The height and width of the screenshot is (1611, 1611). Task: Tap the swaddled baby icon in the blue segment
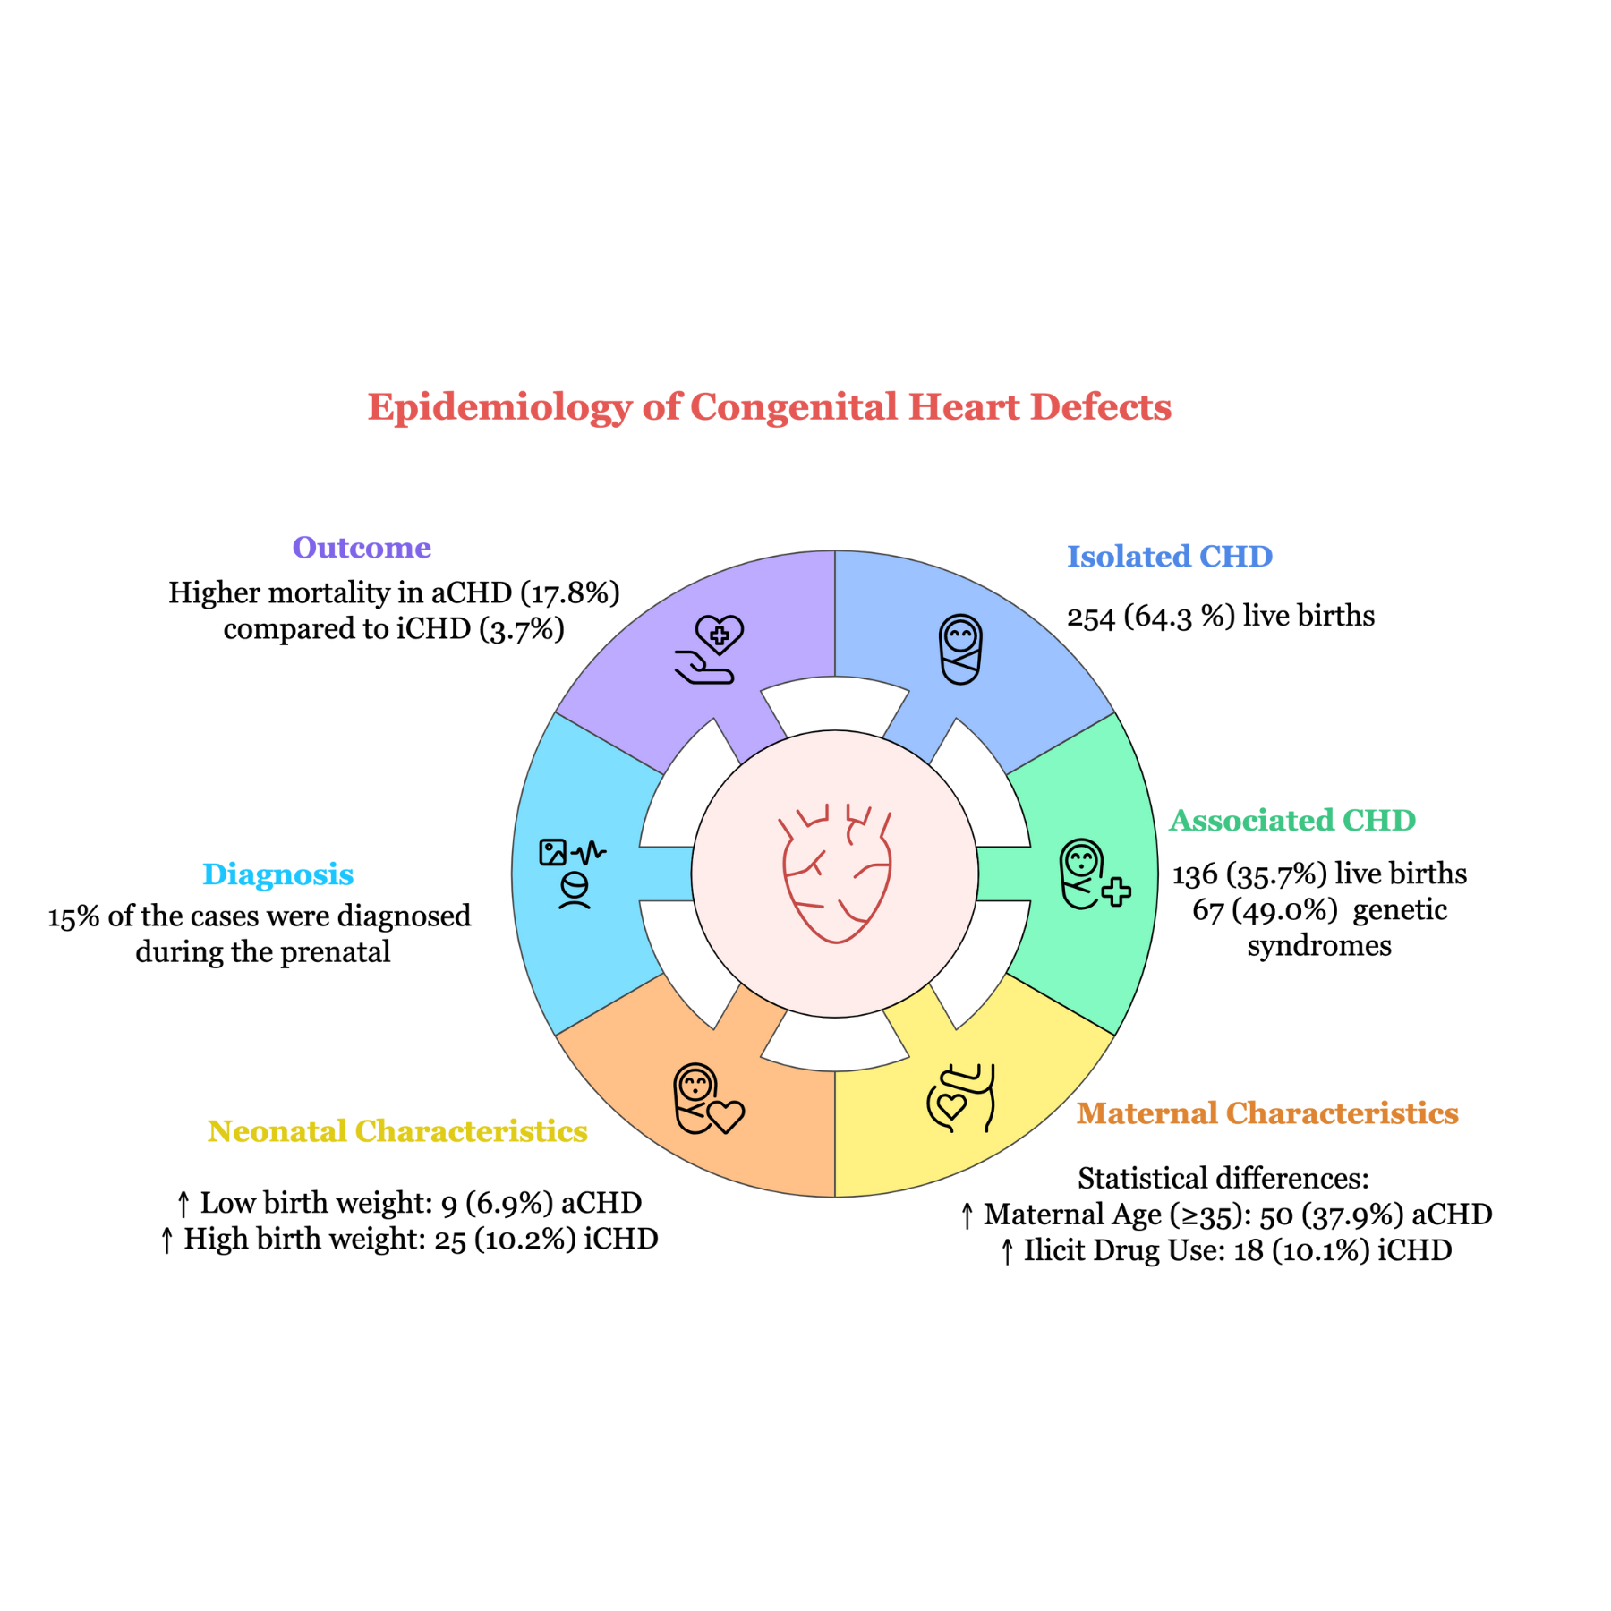[x=960, y=649]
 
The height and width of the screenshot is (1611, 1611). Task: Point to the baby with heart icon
[x=708, y=1098]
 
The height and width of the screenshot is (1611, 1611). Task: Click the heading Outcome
[x=362, y=547]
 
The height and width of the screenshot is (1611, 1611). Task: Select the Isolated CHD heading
[x=1169, y=556]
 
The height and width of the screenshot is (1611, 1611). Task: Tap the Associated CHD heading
[x=1291, y=820]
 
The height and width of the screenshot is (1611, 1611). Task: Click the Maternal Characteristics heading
[x=1266, y=1112]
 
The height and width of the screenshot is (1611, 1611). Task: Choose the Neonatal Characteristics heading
[x=397, y=1130]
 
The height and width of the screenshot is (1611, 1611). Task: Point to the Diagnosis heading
[x=277, y=874]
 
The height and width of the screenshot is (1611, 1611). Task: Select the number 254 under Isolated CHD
[x=1090, y=617]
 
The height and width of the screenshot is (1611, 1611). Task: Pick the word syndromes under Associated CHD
[x=1318, y=946]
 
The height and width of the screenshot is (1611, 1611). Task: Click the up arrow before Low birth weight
[x=183, y=1204]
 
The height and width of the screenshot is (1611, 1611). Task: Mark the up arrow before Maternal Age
[x=967, y=1215]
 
